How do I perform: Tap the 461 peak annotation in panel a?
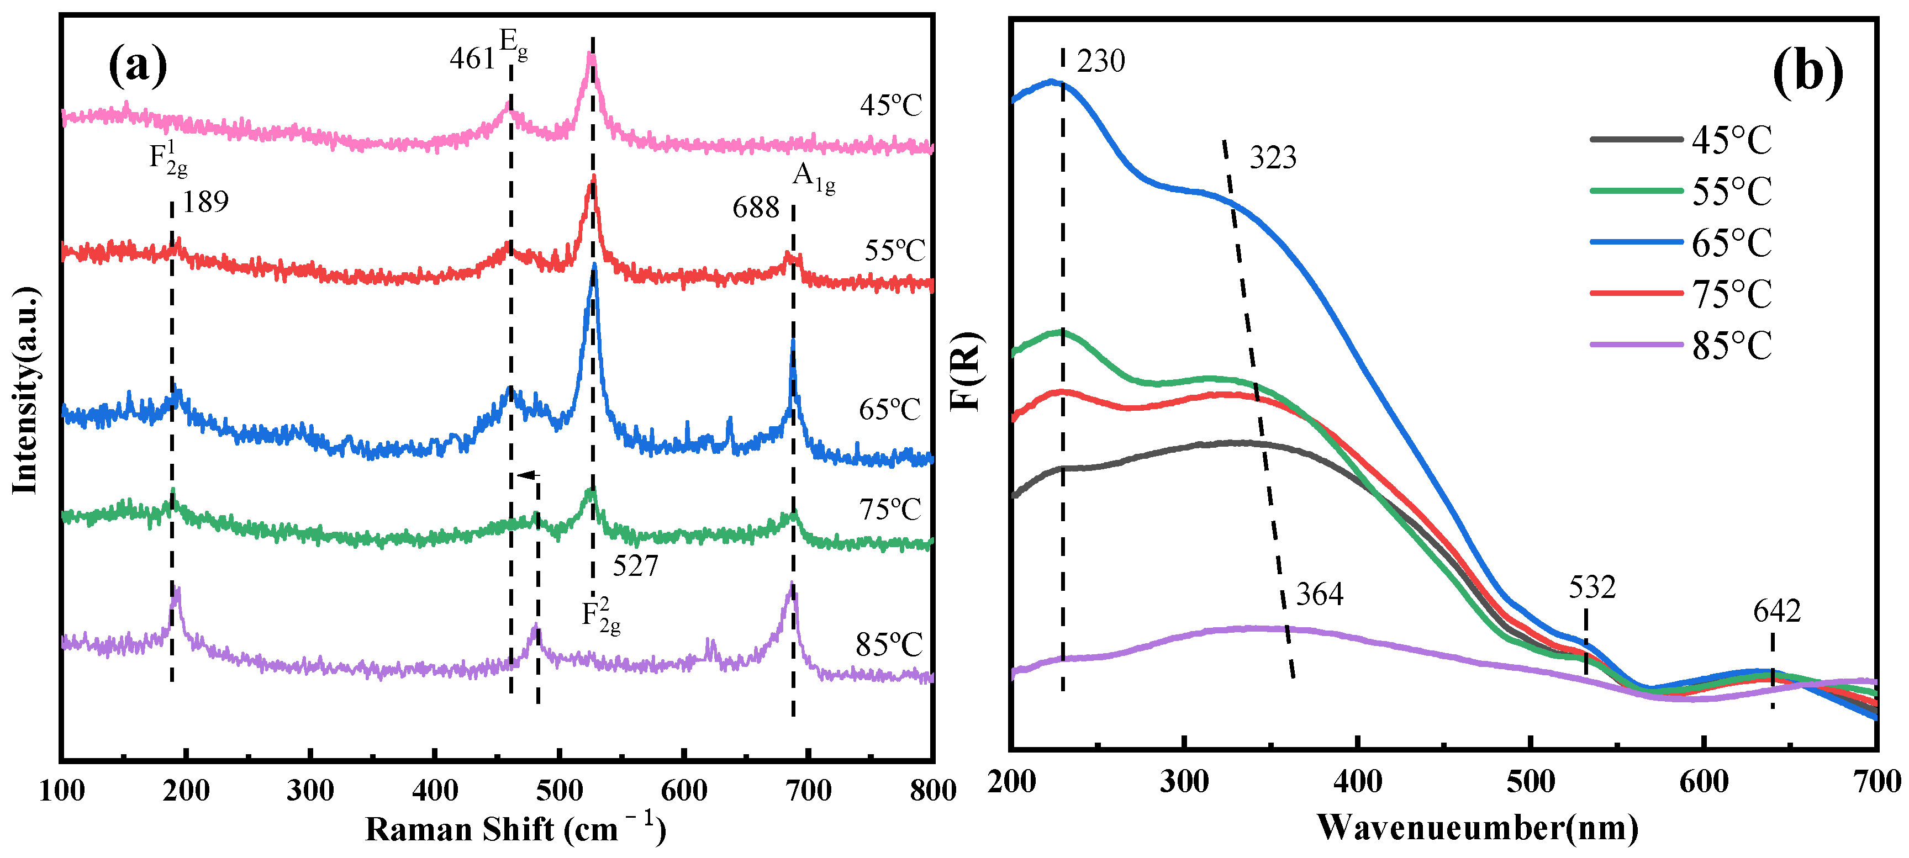pos(471,59)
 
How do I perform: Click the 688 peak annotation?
pos(755,208)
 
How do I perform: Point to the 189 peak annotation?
pos(205,202)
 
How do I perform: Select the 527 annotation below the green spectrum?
pos(635,566)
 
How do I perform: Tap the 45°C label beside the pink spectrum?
pos(891,105)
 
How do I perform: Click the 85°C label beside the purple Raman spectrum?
pos(889,645)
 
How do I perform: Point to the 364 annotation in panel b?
pos(1319,594)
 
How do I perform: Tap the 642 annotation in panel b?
pos(1776,611)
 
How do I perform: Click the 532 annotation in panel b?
pos(1592,587)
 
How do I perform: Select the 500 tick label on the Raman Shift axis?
pos(560,791)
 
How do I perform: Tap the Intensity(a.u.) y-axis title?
pos(25,390)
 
